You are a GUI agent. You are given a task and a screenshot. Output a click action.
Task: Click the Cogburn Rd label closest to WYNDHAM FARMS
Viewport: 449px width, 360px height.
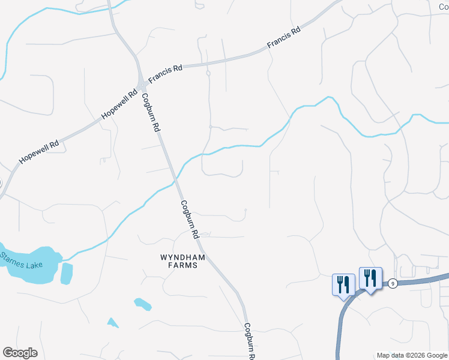[190, 220]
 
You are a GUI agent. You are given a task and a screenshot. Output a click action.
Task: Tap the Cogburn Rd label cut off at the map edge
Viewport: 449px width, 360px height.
[249, 341]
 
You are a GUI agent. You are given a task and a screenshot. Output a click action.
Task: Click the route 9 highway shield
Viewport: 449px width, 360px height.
[391, 283]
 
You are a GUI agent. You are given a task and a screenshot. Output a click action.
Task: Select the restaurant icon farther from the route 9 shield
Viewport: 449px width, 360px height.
[343, 284]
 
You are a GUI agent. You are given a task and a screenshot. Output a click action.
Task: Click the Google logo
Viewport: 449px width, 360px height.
[20, 353]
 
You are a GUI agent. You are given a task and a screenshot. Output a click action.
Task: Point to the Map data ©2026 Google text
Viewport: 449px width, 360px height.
[412, 355]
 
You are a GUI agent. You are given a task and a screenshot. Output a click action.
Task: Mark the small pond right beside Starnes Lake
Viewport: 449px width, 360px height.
[66, 273]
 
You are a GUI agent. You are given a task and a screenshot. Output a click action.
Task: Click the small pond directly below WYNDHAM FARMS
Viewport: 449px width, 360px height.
[143, 304]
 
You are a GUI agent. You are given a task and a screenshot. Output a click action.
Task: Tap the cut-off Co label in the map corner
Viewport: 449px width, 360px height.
[443, 5]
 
